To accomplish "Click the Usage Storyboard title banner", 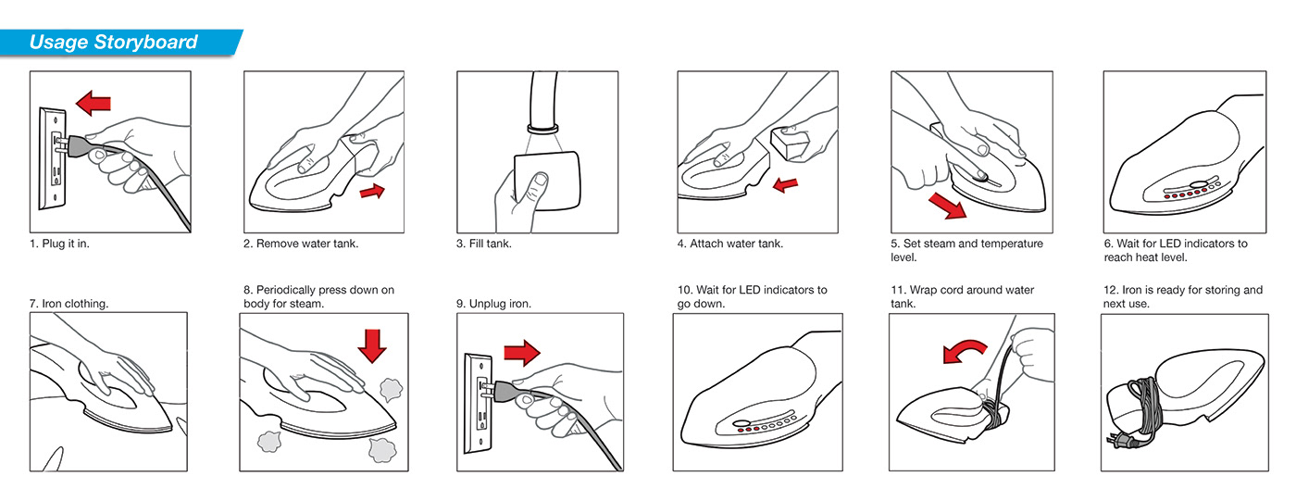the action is click(119, 43).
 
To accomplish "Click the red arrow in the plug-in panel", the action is click(93, 103).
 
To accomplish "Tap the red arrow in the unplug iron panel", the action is click(522, 352).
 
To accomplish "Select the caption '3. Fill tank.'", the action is click(483, 244).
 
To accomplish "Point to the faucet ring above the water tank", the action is click(542, 129).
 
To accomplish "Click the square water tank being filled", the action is click(547, 181).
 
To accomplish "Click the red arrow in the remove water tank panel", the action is click(372, 191).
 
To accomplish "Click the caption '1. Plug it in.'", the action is click(59, 244).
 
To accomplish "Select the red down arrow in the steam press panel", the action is click(371, 346).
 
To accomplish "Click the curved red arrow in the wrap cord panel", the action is click(964, 351).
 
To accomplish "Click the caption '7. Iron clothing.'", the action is click(69, 304).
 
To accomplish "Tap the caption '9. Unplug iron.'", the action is click(493, 304).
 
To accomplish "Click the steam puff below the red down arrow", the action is click(391, 390).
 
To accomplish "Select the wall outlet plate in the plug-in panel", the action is click(53, 158).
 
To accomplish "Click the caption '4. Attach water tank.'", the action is click(730, 244).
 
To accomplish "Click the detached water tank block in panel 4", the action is click(789, 144).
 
